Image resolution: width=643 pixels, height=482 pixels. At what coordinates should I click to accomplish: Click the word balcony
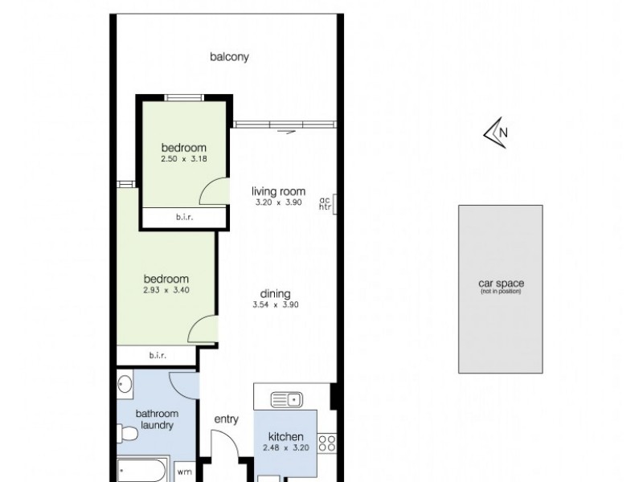point(230,57)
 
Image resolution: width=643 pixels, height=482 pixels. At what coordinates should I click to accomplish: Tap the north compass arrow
point(494,133)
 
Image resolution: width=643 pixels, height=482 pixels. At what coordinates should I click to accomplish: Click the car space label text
point(499,284)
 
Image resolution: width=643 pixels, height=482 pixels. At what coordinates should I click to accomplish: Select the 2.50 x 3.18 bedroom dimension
point(184,159)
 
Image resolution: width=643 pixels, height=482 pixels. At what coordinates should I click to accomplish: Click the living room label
point(278,191)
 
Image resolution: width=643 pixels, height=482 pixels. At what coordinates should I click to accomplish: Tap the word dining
point(275,294)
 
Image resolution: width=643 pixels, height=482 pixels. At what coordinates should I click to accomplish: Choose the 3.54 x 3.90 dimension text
point(275,305)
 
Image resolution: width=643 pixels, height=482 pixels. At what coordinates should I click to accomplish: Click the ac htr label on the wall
point(325,204)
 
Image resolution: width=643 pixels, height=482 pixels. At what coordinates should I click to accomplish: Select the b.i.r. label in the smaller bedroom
point(184,217)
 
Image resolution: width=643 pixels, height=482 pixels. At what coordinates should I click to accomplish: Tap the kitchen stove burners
point(326,441)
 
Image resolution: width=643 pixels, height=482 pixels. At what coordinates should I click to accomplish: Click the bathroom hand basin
point(124,386)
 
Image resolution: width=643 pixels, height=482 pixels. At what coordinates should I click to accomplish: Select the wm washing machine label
point(184,472)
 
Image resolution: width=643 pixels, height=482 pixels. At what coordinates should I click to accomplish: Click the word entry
point(227,419)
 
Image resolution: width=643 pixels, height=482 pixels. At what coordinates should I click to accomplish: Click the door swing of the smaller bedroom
point(211,190)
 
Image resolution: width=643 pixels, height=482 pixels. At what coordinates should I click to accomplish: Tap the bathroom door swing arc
point(183,384)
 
